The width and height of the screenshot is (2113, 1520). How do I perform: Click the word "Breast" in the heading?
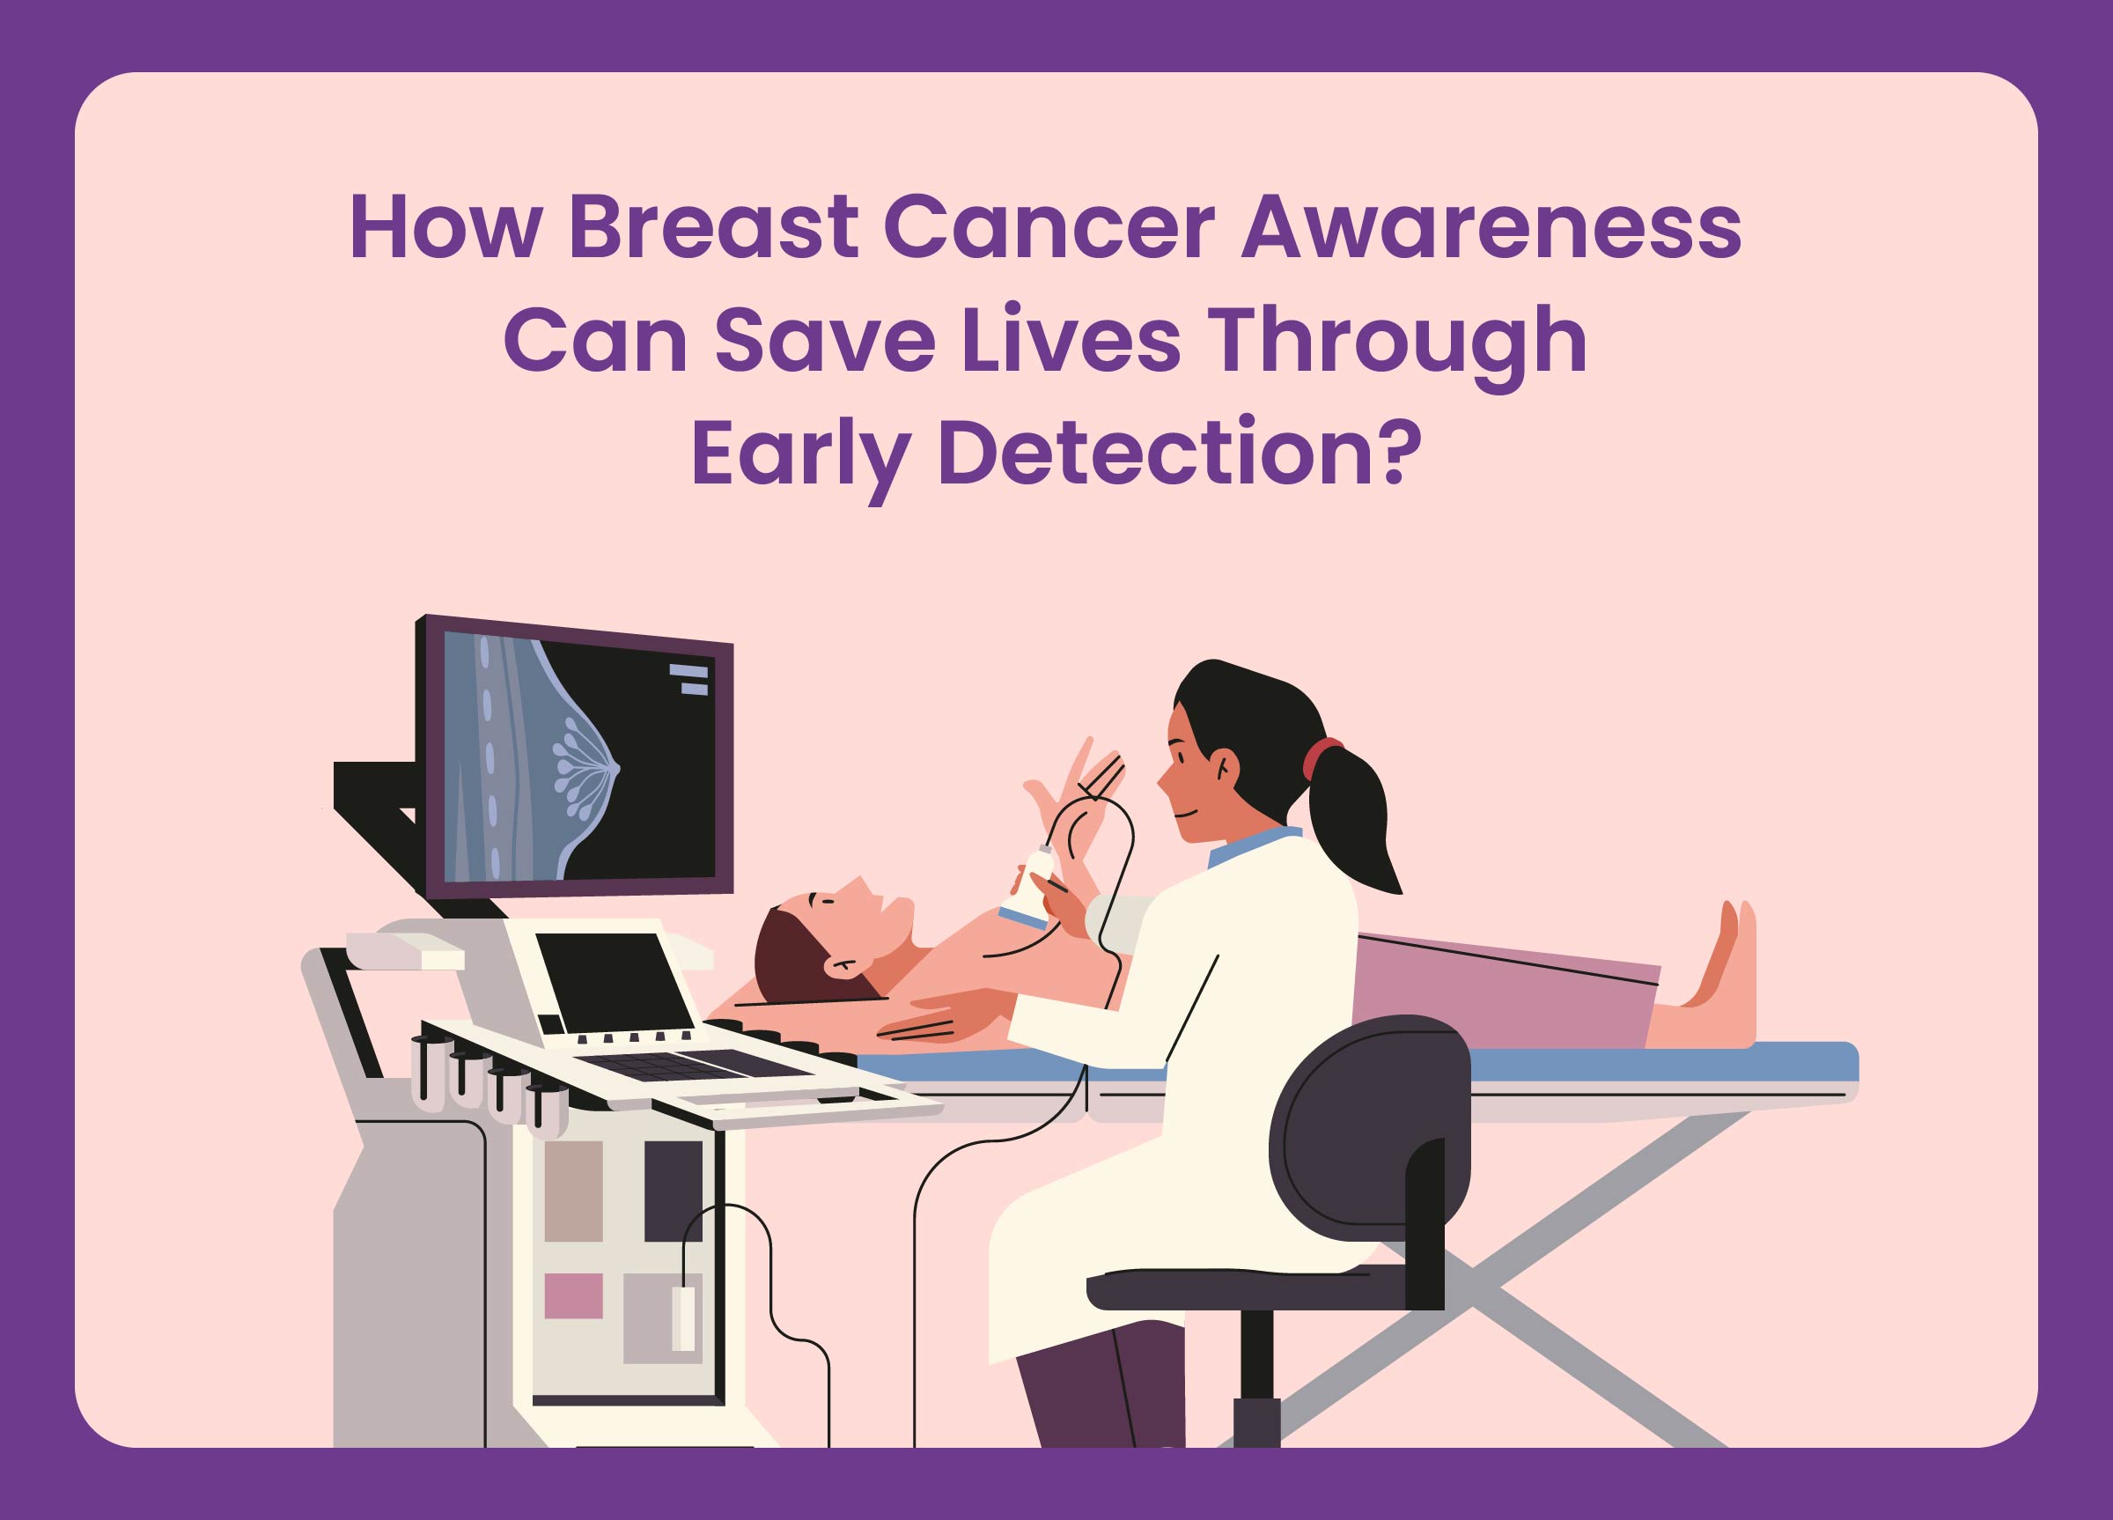click(x=713, y=226)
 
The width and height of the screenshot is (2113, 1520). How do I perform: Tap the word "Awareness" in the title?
click(x=1491, y=226)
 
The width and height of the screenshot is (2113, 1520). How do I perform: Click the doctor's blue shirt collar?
click(x=1254, y=846)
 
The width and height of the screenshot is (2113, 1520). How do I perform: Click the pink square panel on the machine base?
click(x=573, y=1295)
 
